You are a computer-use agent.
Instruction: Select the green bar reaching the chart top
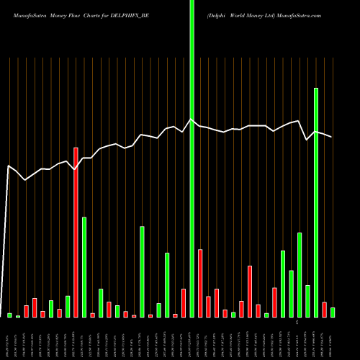pyautogui.click(x=192, y=158)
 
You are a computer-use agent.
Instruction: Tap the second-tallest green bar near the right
pyautogui.click(x=316, y=202)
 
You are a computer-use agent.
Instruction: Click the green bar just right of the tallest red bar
pyautogui.click(x=84, y=266)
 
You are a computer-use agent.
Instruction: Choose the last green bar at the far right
pyautogui.click(x=333, y=312)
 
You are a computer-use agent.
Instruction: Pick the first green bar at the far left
pyautogui.click(x=9, y=315)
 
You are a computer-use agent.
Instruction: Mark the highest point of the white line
pyautogui.click(x=192, y=120)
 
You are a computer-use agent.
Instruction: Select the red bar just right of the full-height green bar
pyautogui.click(x=200, y=283)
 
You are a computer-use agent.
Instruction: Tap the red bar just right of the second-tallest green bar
pyautogui.click(x=324, y=310)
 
